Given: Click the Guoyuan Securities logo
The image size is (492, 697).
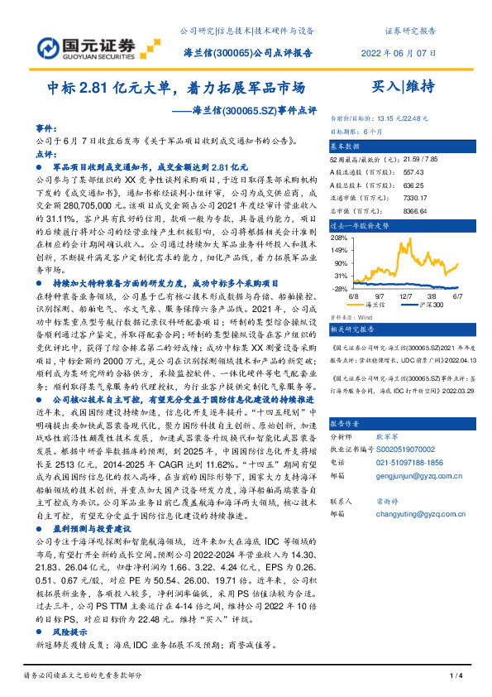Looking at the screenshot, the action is (92, 44).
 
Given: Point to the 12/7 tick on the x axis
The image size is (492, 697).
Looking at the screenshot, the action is (408, 295).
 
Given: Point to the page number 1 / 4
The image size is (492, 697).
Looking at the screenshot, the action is (453, 676).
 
